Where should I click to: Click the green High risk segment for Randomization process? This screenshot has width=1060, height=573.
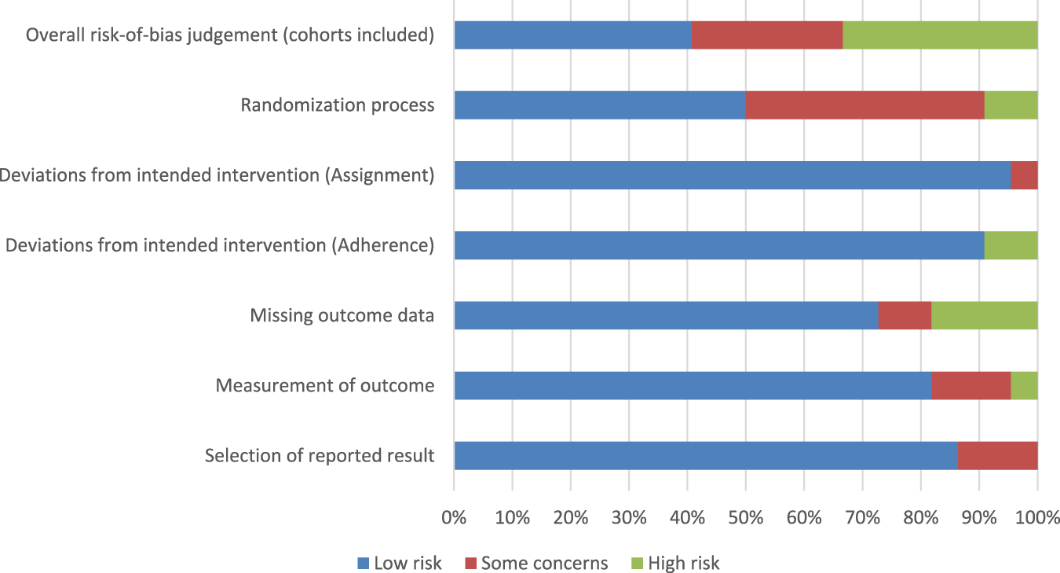[1011, 105]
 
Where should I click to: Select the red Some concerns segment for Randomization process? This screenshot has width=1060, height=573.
[864, 105]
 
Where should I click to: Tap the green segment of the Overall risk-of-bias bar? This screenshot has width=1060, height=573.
[940, 35]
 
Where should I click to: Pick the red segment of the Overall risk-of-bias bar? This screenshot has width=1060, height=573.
[767, 35]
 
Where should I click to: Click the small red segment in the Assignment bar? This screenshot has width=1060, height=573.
[1024, 175]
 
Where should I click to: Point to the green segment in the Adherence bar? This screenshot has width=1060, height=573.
[1011, 245]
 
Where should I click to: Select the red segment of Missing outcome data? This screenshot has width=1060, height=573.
[905, 315]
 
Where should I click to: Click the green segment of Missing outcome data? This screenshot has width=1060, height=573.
[984, 315]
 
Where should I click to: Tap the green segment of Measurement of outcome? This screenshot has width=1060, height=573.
[1024, 385]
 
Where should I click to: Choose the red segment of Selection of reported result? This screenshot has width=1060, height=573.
[997, 455]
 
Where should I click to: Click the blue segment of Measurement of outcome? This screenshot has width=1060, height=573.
[692, 385]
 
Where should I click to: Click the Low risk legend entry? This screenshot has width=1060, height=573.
[400, 563]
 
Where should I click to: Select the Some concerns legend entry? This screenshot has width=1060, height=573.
[536, 563]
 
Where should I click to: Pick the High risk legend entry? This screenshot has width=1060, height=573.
[675, 563]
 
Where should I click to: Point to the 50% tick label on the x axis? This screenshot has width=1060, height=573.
[745, 518]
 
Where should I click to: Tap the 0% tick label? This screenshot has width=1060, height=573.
[454, 518]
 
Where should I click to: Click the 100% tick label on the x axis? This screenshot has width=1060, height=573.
[1037, 518]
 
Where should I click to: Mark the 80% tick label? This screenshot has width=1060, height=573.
[920, 518]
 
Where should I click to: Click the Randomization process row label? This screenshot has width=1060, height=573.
[337, 105]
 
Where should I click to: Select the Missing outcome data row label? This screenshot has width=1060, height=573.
[342, 315]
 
